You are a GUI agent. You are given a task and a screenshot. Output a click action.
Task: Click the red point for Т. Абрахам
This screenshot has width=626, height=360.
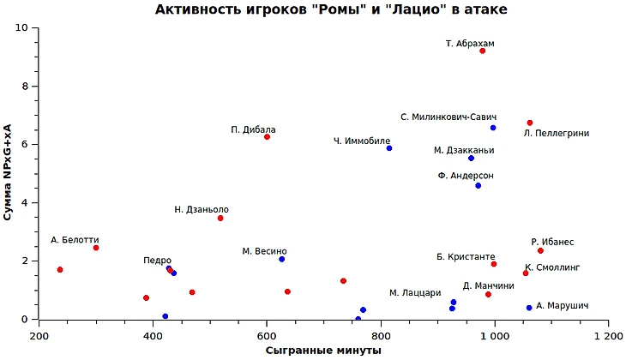[483, 51]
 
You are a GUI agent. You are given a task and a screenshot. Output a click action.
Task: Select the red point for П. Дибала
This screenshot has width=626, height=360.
[268, 137]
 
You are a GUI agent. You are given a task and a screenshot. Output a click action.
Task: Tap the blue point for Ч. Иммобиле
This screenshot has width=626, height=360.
[389, 148]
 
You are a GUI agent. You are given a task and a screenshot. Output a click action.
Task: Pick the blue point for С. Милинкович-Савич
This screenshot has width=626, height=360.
[493, 128]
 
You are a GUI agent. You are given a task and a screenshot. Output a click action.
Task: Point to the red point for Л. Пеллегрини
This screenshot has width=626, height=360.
[530, 123]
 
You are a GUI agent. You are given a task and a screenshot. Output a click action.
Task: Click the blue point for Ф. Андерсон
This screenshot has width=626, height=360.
[479, 186]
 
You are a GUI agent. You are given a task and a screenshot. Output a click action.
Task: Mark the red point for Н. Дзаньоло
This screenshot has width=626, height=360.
[220, 219]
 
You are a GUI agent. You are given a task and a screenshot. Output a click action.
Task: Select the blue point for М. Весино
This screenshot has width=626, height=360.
[281, 259]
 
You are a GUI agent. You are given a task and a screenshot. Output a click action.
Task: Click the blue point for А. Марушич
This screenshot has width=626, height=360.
[529, 308]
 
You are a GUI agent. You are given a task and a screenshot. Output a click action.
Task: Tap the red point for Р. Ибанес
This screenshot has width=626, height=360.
[540, 250]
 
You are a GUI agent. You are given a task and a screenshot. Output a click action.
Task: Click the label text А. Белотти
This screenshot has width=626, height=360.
[75, 240]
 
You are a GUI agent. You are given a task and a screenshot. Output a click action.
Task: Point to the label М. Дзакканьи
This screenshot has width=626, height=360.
[464, 150]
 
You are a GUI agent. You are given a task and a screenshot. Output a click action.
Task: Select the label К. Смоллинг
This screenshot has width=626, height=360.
[552, 267]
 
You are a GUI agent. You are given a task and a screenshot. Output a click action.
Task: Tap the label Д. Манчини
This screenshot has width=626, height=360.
[489, 285]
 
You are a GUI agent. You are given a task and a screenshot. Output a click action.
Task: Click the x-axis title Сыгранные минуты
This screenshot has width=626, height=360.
[323, 351]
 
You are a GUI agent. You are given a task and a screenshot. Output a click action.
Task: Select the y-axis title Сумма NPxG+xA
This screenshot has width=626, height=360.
[9, 173]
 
